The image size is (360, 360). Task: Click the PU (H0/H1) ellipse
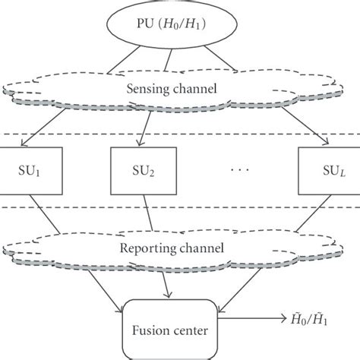pyautogui.click(x=179, y=24)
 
